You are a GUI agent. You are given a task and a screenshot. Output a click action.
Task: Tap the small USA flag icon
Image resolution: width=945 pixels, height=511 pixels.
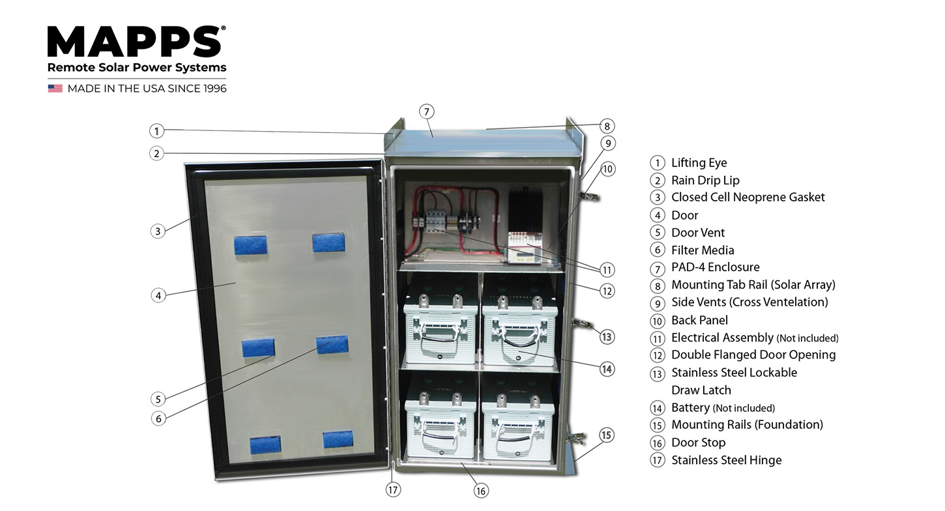click(55, 88)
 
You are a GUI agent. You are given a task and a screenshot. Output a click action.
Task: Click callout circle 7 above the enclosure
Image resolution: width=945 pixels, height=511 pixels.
click(426, 111)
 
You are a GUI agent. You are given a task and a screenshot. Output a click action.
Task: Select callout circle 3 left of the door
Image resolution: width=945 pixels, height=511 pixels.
click(157, 231)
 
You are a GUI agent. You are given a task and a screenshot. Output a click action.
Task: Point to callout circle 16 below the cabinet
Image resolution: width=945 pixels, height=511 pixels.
click(481, 490)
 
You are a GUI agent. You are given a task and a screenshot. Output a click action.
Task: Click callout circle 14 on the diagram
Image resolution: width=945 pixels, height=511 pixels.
click(607, 369)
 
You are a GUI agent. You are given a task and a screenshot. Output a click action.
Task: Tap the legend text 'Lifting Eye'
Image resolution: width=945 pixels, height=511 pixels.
click(699, 163)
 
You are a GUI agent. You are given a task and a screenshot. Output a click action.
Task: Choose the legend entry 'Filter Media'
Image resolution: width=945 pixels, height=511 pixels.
click(703, 250)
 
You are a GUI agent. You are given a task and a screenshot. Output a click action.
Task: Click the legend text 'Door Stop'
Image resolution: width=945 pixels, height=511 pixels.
click(698, 443)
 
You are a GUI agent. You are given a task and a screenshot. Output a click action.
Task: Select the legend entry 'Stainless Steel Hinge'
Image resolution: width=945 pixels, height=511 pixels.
click(726, 460)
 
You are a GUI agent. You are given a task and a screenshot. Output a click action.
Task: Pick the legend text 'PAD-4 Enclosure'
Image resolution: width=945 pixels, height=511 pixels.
click(715, 267)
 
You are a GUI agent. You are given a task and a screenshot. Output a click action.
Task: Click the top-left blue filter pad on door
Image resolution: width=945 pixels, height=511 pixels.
click(250, 245)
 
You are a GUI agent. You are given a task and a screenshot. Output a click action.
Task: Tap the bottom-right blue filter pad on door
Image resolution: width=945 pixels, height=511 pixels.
click(338, 439)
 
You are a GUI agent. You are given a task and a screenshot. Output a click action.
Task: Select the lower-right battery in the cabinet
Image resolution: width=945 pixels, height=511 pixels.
click(518, 424)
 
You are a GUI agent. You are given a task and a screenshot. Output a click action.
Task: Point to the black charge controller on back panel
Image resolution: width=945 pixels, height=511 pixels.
click(526, 212)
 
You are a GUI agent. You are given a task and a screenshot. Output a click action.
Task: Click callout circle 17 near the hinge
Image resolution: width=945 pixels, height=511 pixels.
click(393, 489)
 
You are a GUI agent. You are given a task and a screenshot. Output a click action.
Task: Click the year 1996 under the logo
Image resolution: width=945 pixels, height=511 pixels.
click(213, 89)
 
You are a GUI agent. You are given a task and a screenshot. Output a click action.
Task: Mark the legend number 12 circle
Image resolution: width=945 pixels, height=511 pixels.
click(658, 355)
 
